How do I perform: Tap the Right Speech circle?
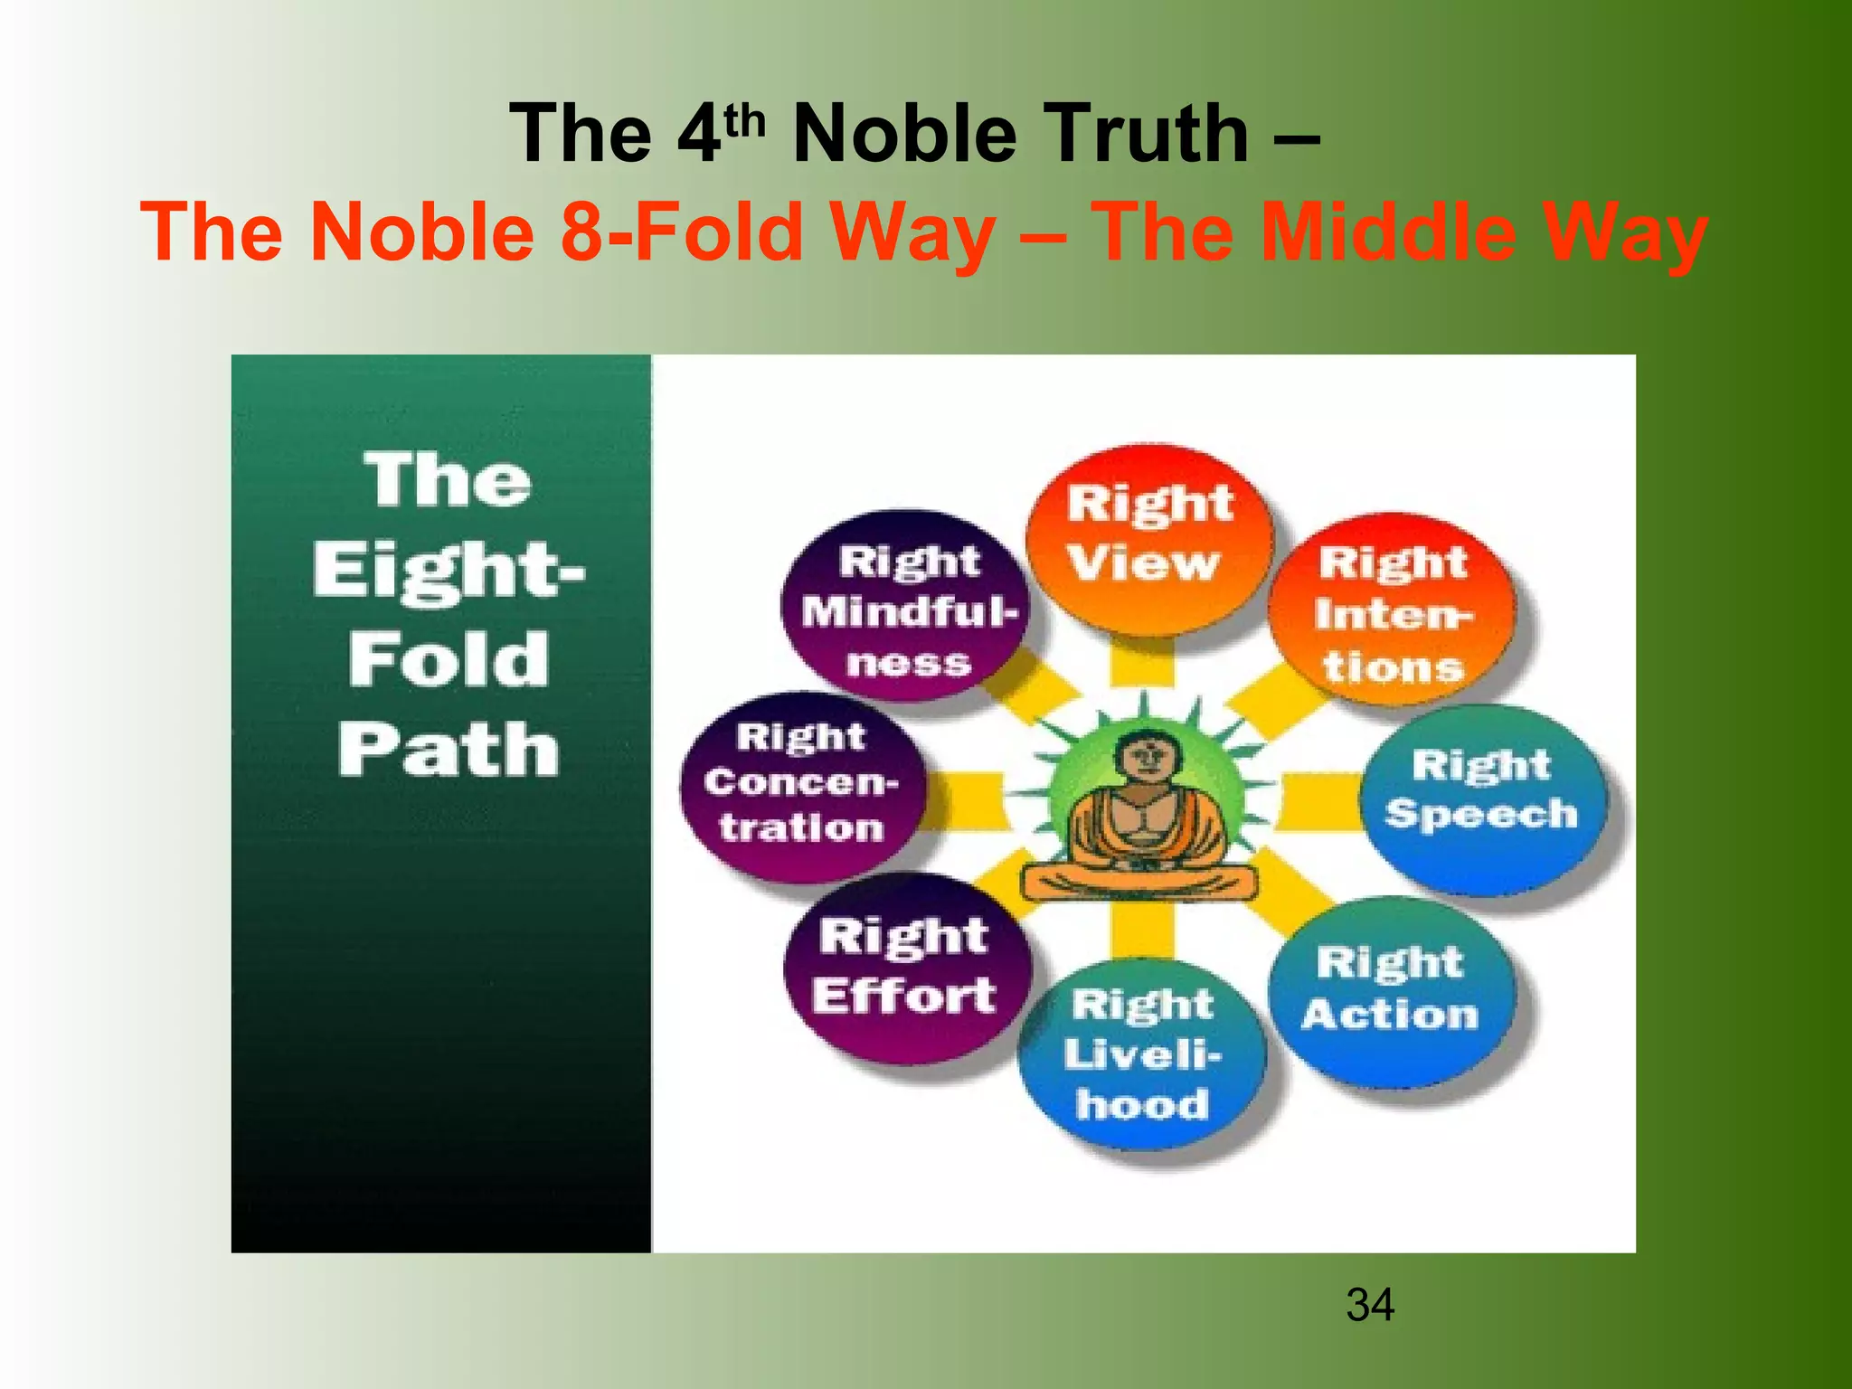[x=1483, y=796]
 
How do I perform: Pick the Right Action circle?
[x=1391, y=990]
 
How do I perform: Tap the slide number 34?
[x=1370, y=1305]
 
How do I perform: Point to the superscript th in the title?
[x=744, y=121]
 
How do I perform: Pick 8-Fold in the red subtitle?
[x=681, y=231]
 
